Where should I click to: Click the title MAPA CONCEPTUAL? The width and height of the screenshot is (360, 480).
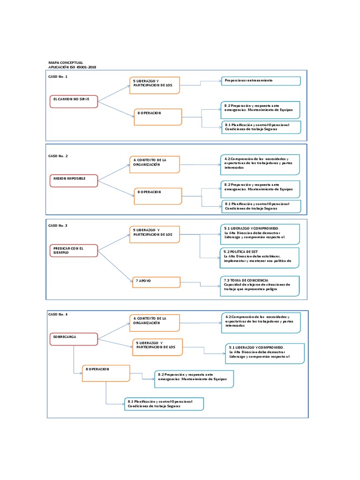click(66, 62)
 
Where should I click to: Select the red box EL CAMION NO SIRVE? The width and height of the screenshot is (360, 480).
click(73, 101)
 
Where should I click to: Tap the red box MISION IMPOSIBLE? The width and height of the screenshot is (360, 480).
click(73, 180)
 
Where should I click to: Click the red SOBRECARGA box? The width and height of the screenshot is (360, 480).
click(73, 338)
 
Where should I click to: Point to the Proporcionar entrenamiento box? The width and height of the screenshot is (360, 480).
click(261, 81)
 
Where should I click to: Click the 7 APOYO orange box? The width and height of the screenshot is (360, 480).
click(155, 282)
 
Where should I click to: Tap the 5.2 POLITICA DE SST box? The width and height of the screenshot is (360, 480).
click(261, 257)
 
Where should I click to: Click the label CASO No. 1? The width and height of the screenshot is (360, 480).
click(58, 76)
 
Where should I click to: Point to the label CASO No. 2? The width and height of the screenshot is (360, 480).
click(58, 156)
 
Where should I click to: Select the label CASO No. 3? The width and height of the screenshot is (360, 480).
click(58, 225)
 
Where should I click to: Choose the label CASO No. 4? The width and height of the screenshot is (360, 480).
click(58, 314)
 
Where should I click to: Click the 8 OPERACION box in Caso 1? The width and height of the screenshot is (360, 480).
click(157, 117)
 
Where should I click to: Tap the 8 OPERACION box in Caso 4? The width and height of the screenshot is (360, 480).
click(106, 373)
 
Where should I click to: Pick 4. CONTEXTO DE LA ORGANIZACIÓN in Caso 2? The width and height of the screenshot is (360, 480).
click(154, 164)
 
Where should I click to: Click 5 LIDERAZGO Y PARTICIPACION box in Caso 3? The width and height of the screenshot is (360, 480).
click(154, 234)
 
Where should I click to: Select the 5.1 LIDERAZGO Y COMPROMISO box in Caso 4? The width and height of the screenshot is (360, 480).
click(265, 353)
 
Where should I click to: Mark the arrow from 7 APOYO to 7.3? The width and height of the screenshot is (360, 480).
click(200, 285)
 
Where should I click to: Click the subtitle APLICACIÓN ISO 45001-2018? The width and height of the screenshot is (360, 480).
click(72, 67)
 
